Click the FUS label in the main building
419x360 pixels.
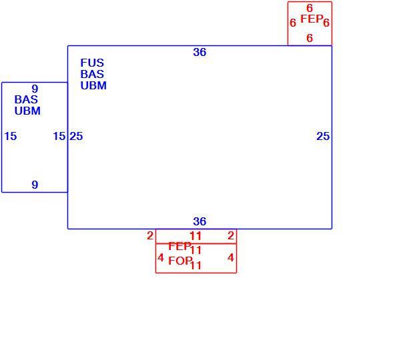tap(92, 63)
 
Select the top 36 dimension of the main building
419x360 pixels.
tap(199, 52)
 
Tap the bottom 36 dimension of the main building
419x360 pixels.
tap(199, 221)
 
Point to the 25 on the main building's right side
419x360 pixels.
tap(323, 136)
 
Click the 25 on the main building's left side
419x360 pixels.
tap(77, 136)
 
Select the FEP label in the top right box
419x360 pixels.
tap(312, 19)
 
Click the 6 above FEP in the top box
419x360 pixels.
tap(310, 8)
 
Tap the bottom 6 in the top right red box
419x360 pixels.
tap(310, 38)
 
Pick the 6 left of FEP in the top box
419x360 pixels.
tap(293, 23)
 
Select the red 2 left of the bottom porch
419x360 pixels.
tap(150, 235)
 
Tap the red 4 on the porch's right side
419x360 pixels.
tap(231, 257)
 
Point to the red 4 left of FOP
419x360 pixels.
tap(160, 257)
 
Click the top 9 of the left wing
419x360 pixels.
tap(35, 89)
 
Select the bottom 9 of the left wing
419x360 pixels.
tap(35, 185)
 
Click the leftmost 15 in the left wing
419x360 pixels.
tap(11, 136)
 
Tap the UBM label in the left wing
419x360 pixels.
tap(27, 111)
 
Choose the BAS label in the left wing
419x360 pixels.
tap(26, 99)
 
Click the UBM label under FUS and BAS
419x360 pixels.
tap(93, 85)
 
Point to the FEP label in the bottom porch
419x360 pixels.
tap(179, 246)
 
